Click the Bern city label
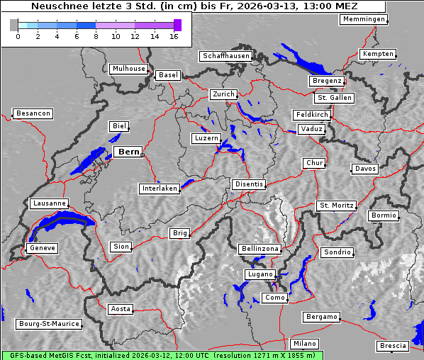pyautogui.click(x=128, y=152)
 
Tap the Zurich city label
pyautogui.click(x=223, y=94)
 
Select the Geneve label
pyautogui.click(x=42, y=249)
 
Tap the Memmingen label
pyautogui.click(x=364, y=19)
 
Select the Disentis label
pyautogui.click(x=249, y=184)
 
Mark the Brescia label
pyautogui.click(x=393, y=346)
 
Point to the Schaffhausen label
pyautogui.click(x=226, y=56)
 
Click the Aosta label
pyautogui.click(x=121, y=309)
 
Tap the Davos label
pyautogui.click(x=366, y=169)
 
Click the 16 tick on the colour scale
pyautogui.click(x=174, y=35)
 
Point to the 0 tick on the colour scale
pyautogui.click(x=18, y=35)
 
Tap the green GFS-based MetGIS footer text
pyautogui.click(x=162, y=355)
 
